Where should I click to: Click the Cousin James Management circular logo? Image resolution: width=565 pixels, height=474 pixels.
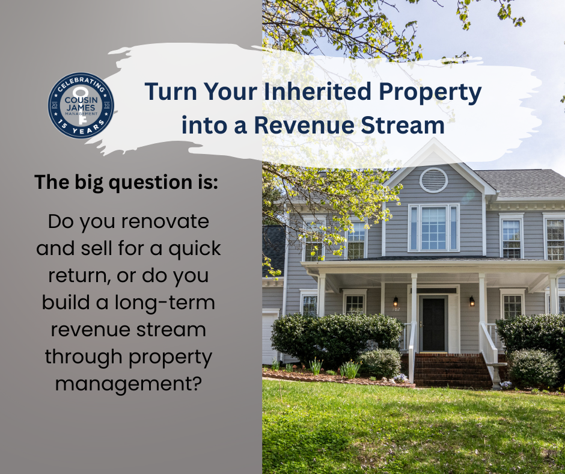click(81, 105)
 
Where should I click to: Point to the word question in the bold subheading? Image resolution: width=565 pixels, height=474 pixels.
click(156, 183)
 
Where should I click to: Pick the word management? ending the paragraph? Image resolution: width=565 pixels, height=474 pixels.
click(128, 384)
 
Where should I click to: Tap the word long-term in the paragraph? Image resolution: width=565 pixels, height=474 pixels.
click(165, 303)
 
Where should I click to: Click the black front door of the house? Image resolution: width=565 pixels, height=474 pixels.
click(433, 324)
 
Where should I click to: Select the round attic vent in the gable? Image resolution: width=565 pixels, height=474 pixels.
click(433, 180)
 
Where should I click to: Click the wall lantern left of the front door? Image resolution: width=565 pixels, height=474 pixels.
click(395, 301)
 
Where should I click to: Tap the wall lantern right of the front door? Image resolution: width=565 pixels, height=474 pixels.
click(472, 301)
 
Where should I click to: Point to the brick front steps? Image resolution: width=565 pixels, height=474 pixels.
click(452, 370)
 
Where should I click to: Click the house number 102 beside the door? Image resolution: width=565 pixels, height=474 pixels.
click(396, 310)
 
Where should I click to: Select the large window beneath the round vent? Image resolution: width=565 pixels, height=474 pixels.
click(433, 228)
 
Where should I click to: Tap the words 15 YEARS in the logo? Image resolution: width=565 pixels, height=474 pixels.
click(81, 128)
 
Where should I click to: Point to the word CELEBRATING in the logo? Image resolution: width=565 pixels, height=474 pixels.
click(81, 82)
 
